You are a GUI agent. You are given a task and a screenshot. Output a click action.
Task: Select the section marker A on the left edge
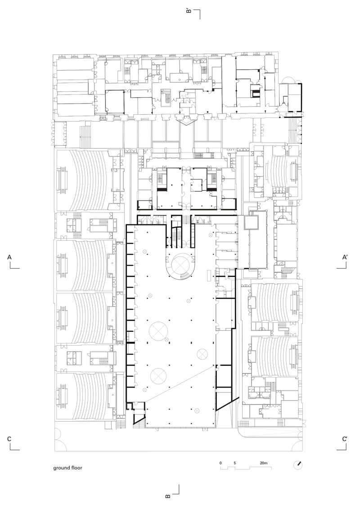(x=9, y=258)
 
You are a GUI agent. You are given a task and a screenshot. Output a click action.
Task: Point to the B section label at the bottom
(x=168, y=496)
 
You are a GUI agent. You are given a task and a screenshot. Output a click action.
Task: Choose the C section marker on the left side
(x=9, y=439)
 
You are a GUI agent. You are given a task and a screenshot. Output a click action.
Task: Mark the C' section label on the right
(x=344, y=439)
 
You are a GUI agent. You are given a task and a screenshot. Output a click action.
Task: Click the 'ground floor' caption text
(x=67, y=468)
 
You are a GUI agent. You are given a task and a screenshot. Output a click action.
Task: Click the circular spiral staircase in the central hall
(x=182, y=266)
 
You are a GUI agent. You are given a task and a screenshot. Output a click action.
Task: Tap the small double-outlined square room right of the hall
(x=251, y=222)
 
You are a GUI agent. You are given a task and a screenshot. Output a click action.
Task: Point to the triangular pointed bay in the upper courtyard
(x=186, y=121)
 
